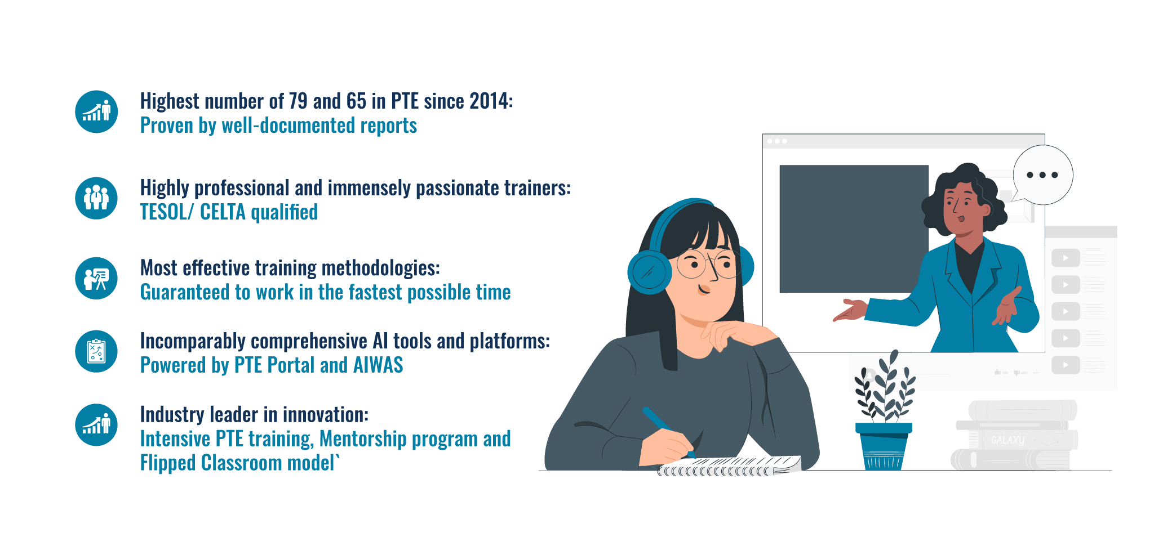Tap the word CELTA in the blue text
click(223, 212)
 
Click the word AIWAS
click(378, 365)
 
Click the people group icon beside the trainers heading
click(96, 198)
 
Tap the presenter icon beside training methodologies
click(96, 279)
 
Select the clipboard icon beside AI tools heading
click(96, 351)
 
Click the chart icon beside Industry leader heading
click(96, 425)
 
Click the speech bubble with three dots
click(1042, 175)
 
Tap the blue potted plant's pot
click(884, 446)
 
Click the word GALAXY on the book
click(1008, 440)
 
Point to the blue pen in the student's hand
click(668, 431)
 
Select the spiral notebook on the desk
click(729, 466)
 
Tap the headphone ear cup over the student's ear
click(649, 272)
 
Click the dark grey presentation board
click(854, 229)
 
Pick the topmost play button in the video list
click(1066, 258)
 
